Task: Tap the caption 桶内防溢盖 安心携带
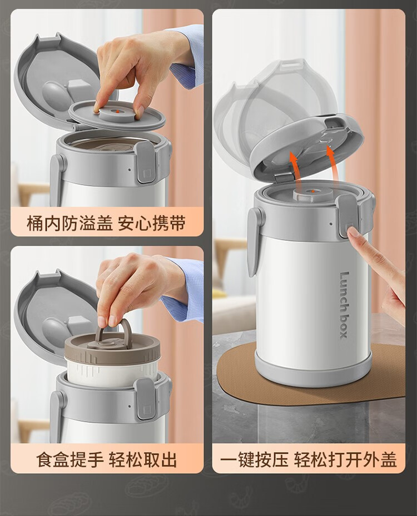(106, 223)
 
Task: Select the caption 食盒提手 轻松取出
(106, 460)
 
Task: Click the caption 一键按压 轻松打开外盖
(308, 460)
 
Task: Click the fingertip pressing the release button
(353, 233)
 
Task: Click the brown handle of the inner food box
(112, 332)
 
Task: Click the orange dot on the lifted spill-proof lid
(117, 112)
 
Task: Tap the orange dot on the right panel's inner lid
(312, 191)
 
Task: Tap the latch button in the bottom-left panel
(146, 399)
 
